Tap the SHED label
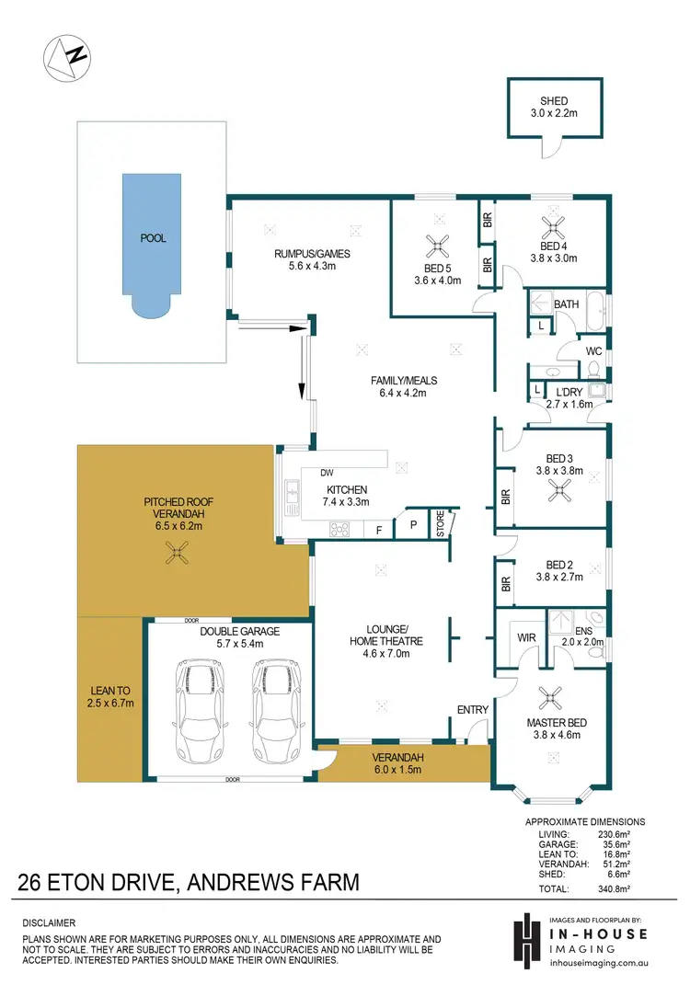(553, 101)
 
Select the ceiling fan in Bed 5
(436, 245)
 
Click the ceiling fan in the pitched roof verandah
(177, 553)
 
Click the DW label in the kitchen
(326, 473)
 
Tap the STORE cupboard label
(440, 524)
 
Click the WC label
(593, 350)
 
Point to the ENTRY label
(472, 709)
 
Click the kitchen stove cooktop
(339, 529)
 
